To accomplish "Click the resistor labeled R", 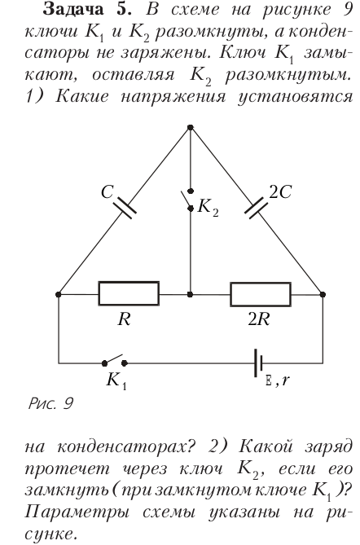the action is click(x=129, y=294).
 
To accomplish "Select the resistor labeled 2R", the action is click(x=261, y=294).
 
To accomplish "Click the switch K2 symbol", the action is click(x=189, y=200).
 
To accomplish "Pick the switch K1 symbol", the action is click(x=114, y=361).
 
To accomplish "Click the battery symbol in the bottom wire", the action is click(x=258, y=363).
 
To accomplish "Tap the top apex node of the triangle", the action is click(x=190, y=128).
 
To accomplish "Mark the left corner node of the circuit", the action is click(x=59, y=294).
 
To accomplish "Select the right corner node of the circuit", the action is click(x=323, y=294).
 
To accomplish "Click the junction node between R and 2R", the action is click(x=190, y=294).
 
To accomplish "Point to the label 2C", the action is click(x=280, y=191).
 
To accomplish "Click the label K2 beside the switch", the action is click(x=209, y=208).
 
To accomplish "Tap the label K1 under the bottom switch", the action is click(x=116, y=380).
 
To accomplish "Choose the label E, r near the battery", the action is click(x=277, y=381).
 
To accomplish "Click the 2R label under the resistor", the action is click(x=259, y=319).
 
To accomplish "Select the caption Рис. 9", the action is click(x=50, y=403).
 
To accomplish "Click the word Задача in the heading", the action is click(x=73, y=10).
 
